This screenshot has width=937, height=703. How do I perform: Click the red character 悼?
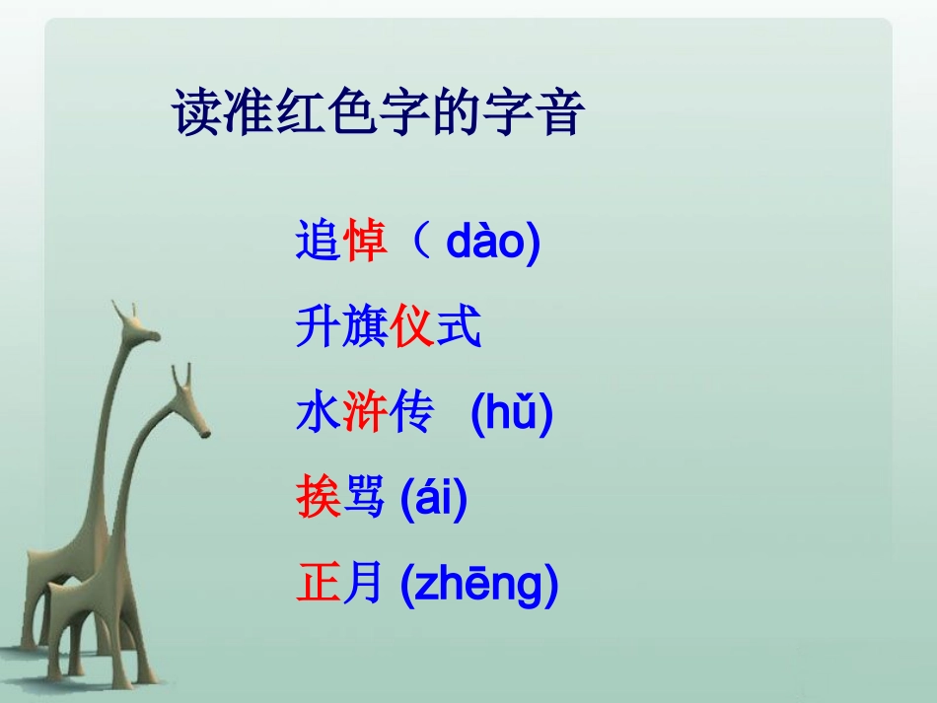[x=365, y=241]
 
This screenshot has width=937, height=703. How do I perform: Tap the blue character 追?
[x=319, y=241]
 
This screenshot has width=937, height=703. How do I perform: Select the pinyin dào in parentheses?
[x=484, y=241]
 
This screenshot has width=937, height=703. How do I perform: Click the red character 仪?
[x=411, y=326]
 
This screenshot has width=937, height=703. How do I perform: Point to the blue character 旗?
[x=365, y=326]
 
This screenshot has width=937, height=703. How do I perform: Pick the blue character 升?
[x=319, y=326]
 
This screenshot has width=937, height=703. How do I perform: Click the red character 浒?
[x=365, y=411]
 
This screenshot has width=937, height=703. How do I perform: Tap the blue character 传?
[x=411, y=411]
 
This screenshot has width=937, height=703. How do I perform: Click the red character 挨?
[x=319, y=497]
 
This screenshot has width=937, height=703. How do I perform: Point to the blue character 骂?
[x=363, y=497]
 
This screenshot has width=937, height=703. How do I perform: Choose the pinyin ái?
[x=433, y=497]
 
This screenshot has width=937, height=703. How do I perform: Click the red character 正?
[x=319, y=583]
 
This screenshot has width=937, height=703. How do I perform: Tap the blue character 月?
[x=362, y=583]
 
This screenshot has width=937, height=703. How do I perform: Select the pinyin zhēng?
[x=478, y=584]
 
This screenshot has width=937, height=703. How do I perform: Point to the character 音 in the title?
[x=561, y=112]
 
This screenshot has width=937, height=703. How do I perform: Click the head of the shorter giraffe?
[x=190, y=403]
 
